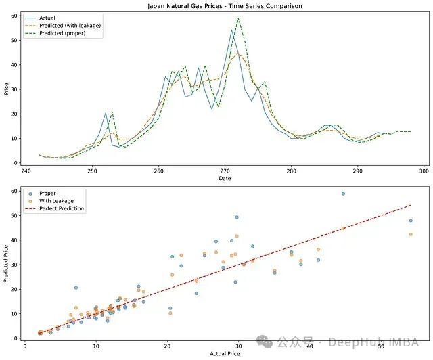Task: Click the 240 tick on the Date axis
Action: tap(26, 171)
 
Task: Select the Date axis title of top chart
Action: tap(224, 179)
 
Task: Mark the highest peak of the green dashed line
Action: tap(238, 18)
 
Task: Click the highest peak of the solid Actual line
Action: tap(231, 30)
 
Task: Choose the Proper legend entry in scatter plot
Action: tap(48, 194)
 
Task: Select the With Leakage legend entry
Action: tap(57, 201)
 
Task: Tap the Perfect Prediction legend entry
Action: tap(62, 209)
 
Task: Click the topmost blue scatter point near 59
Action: tap(343, 194)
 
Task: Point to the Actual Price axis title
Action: tap(224, 353)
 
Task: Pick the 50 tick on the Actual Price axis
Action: tap(382, 346)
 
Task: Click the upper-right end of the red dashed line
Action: tap(411, 205)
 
